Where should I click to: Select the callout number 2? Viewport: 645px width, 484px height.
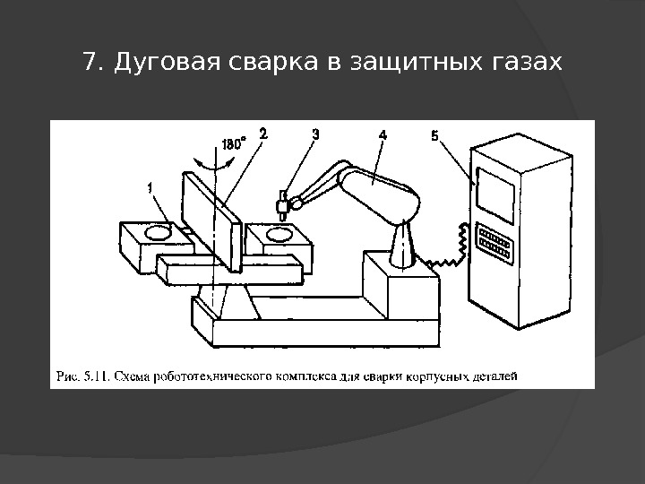click(262, 134)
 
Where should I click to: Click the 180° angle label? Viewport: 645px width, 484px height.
click(231, 143)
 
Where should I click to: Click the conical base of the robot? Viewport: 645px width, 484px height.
click(402, 245)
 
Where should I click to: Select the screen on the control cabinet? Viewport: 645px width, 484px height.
click(495, 191)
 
